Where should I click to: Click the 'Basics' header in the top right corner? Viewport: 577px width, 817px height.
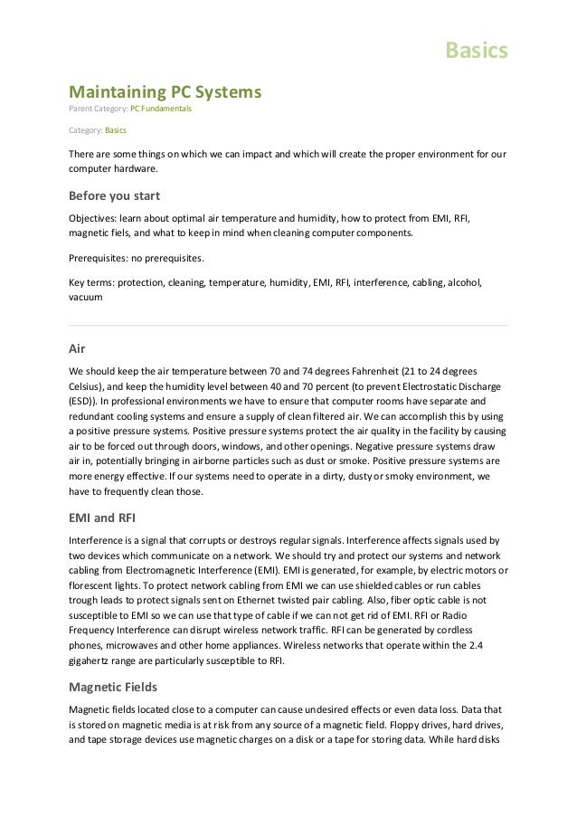(x=477, y=51)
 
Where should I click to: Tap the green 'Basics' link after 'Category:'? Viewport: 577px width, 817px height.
(x=116, y=131)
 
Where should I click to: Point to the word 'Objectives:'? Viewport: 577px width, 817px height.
(x=93, y=218)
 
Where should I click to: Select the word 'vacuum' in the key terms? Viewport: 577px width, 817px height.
(x=86, y=296)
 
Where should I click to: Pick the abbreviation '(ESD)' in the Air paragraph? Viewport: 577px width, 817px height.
(x=83, y=399)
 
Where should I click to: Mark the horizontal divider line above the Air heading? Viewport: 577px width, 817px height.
(x=288, y=325)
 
